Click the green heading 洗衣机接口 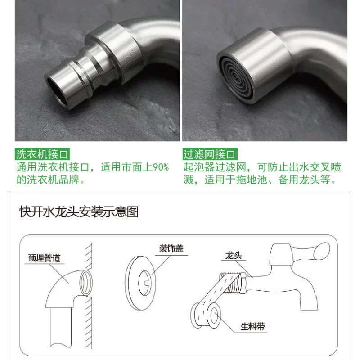(42, 154)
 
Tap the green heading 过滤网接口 (210, 154)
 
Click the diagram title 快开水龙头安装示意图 (79, 211)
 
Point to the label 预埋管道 (44, 258)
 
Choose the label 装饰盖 (171, 248)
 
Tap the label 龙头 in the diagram (234, 255)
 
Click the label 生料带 (253, 326)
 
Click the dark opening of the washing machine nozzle (56, 90)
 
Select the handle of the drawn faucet (311, 252)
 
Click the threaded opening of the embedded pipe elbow (86, 283)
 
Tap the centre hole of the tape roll (214, 315)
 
